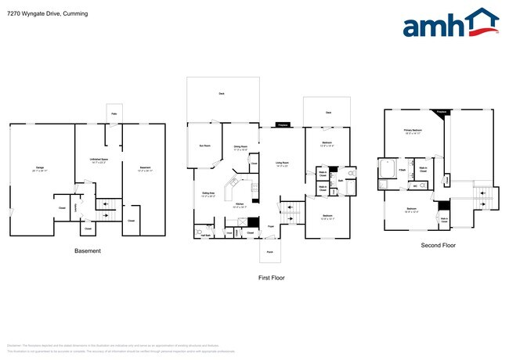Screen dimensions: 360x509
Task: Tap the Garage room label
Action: pyautogui.click(x=40, y=169)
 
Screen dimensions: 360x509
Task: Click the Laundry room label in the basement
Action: pyautogui.click(x=75, y=207)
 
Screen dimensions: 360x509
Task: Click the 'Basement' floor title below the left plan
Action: pyautogui.click(x=87, y=251)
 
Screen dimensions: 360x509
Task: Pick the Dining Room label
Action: pyautogui.click(x=240, y=146)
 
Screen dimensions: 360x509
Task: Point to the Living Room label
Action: pyautogui.click(x=282, y=164)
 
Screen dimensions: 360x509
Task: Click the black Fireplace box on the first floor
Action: pyautogui.click(x=283, y=124)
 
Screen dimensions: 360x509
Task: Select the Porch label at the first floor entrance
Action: pyautogui.click(x=269, y=252)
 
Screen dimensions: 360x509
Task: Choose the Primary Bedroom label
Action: pyautogui.click(x=413, y=131)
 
